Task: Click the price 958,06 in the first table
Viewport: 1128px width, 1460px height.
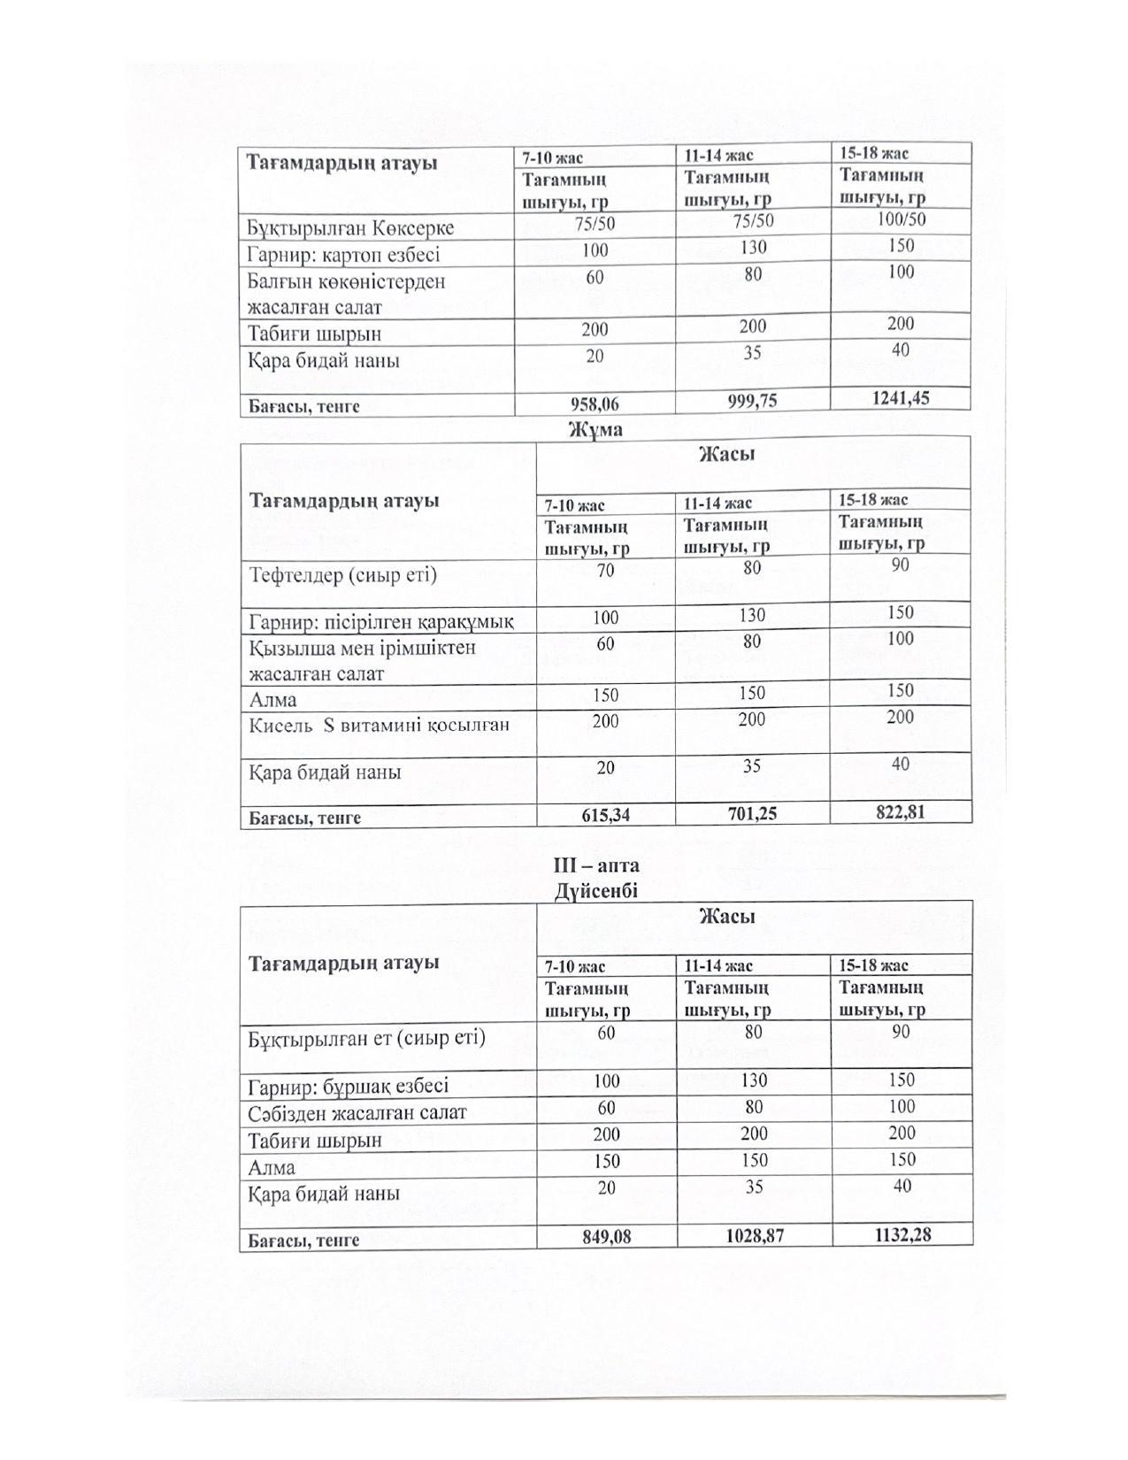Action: pos(595,404)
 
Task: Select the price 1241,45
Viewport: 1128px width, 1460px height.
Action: pos(900,398)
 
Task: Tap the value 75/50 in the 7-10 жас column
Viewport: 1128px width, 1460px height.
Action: pos(595,224)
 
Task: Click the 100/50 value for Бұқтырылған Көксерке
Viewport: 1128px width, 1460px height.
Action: pos(901,219)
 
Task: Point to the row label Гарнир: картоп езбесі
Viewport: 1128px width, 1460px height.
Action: pos(343,255)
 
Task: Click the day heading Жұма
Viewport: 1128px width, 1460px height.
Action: pos(595,430)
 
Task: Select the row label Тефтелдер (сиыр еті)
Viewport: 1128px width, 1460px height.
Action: pos(343,575)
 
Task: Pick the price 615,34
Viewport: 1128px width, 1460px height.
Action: pos(605,815)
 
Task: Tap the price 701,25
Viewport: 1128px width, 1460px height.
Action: pos(751,812)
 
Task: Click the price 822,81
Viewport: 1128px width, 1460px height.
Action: pos(900,810)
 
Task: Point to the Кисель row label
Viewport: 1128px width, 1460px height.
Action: pos(380,726)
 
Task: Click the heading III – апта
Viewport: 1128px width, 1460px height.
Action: pos(595,865)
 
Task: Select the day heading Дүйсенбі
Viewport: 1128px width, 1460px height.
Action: pos(595,891)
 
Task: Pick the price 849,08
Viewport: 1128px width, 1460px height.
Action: pos(606,1237)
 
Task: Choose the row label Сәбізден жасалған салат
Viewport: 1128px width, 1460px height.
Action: pos(357,1112)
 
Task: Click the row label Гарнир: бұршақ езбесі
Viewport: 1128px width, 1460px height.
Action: pos(349,1086)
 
